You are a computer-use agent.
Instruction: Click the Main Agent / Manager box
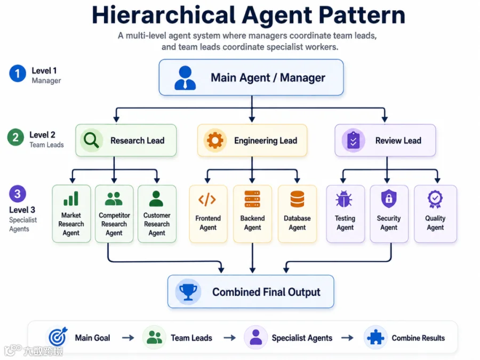[251, 77]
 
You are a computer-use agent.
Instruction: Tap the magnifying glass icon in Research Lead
[91, 140]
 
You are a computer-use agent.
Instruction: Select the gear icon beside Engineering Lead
[215, 140]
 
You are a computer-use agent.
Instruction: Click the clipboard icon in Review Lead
[353, 141]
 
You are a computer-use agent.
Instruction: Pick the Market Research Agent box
[71, 214]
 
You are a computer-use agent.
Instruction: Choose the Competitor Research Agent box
[114, 214]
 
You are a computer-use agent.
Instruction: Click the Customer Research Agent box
[157, 214]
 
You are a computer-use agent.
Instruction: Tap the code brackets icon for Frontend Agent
[207, 199]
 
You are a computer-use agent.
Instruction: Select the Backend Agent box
[253, 214]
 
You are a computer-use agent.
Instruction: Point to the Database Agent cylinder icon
[297, 199]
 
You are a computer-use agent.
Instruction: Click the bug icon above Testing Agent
[344, 199]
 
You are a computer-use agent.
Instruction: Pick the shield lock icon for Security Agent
[389, 199]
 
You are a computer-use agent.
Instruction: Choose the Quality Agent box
[435, 214]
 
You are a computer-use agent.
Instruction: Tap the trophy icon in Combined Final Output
[188, 292]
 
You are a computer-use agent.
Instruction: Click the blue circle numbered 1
[18, 74]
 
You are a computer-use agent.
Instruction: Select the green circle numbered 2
[15, 138]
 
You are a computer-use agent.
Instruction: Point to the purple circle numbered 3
[18, 194]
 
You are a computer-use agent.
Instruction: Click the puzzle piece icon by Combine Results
[375, 338]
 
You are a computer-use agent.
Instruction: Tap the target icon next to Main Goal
[58, 337]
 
